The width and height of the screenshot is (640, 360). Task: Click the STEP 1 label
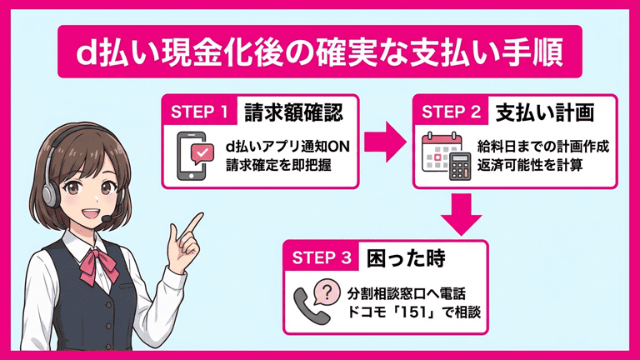click(199, 112)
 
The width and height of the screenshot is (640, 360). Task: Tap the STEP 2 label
click(451, 112)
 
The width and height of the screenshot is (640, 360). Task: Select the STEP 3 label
click(322, 257)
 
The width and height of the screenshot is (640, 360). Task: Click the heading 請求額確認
click(293, 112)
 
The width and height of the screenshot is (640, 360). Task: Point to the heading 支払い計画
click(544, 112)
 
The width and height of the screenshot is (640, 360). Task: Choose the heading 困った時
click(406, 258)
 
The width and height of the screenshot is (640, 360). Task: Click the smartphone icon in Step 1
click(192, 156)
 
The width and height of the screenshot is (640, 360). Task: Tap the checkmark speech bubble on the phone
click(202, 154)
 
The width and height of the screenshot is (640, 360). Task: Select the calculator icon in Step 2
click(460, 167)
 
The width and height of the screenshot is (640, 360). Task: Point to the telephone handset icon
click(311, 305)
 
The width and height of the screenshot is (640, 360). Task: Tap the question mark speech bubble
click(326, 292)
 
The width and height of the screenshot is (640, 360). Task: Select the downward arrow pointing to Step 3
click(462, 214)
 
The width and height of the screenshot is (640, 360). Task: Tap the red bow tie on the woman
click(99, 267)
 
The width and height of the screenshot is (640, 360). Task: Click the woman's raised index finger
click(195, 222)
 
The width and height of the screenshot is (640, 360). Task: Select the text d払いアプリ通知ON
click(287, 147)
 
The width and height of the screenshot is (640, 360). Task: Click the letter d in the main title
click(86, 52)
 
